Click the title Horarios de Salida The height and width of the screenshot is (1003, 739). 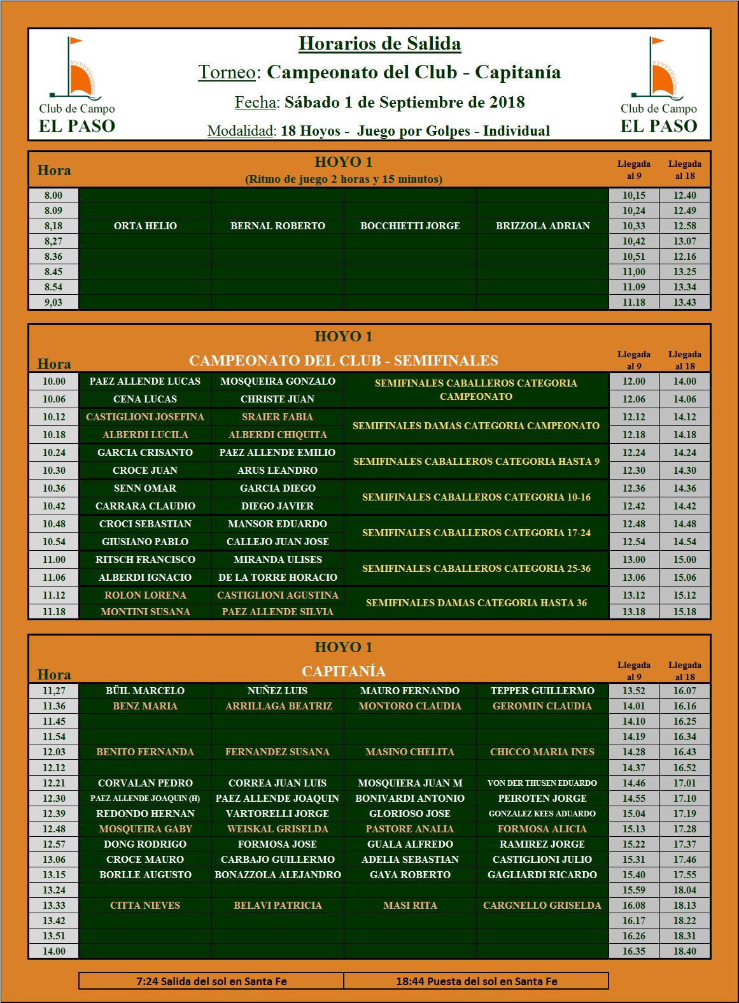pos(379,43)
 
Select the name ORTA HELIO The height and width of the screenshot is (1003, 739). pos(145,226)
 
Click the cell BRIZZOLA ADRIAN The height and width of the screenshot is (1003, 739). pos(542,226)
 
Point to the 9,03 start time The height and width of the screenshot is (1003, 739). pos(53,302)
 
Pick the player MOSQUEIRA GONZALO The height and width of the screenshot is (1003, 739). pos(278,381)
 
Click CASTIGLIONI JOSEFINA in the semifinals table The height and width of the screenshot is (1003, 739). pos(145,417)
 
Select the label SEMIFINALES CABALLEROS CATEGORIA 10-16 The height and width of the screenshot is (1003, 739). pos(476,497)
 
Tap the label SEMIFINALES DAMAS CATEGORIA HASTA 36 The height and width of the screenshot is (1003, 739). pos(476,603)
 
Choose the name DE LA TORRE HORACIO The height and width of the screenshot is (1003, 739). pos(278,578)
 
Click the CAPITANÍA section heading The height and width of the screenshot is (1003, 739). pos(344,671)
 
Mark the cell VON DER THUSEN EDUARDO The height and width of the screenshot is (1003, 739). pos(542,783)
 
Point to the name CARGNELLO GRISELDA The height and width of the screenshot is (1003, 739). pos(542,906)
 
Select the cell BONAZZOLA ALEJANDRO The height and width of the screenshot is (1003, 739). pos(278,875)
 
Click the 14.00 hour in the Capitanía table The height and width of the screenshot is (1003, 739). pos(54,951)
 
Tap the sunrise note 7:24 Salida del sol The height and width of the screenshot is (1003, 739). pos(211,981)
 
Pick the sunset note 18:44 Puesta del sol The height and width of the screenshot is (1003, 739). pos(476,981)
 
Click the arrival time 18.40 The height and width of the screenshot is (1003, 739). pos(685,951)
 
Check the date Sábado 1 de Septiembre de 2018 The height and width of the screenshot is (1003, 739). pos(404,103)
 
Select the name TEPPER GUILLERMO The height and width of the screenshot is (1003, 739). pos(542,691)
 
